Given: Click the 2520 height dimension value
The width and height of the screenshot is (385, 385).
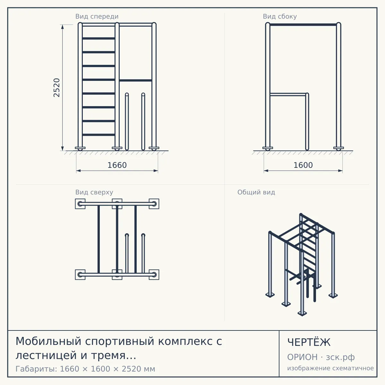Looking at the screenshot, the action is [56, 88].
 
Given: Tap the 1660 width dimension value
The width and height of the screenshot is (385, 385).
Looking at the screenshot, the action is [117, 165].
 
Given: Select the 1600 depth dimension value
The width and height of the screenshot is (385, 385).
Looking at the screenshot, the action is [303, 165].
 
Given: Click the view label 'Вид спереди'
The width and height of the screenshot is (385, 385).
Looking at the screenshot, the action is [97, 16].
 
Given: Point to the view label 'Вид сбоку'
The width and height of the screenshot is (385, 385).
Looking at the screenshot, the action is [280, 16].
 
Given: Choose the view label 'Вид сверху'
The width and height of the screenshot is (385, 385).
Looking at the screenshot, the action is [94, 192].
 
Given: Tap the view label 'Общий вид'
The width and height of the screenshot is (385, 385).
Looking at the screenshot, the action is [256, 192].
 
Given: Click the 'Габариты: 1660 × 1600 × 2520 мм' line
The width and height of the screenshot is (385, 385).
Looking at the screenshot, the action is [85, 369].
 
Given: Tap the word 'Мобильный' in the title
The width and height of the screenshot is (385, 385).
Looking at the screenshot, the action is [48, 341].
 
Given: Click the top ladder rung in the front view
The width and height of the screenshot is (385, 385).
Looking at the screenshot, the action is [98, 38].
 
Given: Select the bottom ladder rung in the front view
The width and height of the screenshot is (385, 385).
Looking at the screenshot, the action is [98, 135].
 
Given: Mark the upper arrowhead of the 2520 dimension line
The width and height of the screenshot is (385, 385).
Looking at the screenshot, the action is [63, 27].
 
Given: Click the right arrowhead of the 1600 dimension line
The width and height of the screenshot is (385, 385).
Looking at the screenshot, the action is [340, 171].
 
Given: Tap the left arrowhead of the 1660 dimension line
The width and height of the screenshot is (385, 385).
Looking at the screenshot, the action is [79, 171].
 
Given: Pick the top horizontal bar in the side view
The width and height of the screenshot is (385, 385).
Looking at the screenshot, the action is [303, 25].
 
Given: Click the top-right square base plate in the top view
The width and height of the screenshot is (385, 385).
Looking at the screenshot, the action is [154, 204].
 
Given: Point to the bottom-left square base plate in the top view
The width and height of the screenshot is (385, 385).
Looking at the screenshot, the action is [80, 275].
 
